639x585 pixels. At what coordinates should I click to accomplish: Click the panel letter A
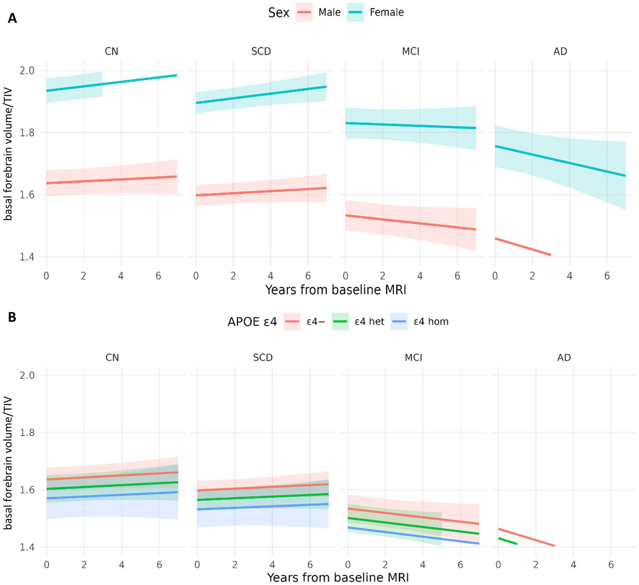[12, 19]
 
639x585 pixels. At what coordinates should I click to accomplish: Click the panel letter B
[12, 317]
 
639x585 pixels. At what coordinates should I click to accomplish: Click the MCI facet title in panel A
[410, 52]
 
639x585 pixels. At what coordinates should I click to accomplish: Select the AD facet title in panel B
[564, 358]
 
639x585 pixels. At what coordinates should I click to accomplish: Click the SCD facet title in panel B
[263, 358]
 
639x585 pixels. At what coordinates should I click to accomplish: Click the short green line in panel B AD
[507, 541]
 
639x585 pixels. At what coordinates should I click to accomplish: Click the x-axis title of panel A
[336, 290]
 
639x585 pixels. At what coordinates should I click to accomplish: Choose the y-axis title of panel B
[8, 462]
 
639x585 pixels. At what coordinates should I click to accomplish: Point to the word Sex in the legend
[278, 12]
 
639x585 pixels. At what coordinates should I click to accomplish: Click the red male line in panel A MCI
[410, 222]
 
